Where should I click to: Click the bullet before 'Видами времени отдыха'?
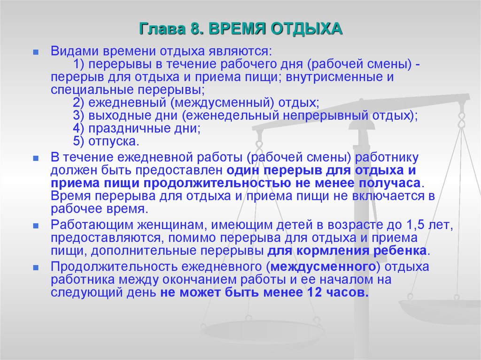[36, 53]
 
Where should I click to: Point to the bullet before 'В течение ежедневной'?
[36, 159]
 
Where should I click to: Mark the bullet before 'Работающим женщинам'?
[36, 226]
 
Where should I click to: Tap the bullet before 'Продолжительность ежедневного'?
[36, 268]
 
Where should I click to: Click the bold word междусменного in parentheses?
[323, 267]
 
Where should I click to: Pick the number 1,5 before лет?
[416, 225]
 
